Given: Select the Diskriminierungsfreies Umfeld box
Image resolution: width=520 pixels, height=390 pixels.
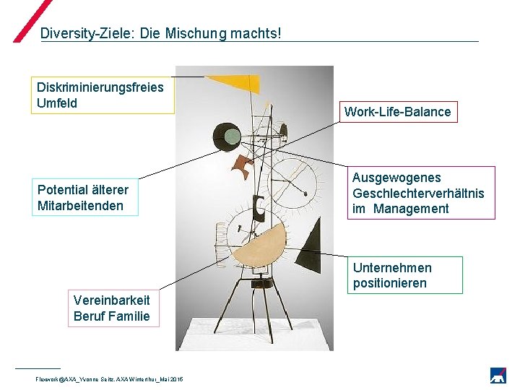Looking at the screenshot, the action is click(102, 95).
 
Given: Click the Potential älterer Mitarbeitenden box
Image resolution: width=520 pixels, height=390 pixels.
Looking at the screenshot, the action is click(84, 197).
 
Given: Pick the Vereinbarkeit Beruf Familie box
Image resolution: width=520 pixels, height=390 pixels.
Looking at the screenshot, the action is click(112, 308).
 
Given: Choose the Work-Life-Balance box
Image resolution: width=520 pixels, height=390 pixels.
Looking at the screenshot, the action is click(398, 112).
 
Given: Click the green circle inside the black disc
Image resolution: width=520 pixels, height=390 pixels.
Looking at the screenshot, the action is click(231, 136).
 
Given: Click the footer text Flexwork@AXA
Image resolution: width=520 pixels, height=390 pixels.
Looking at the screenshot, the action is click(54, 379).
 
